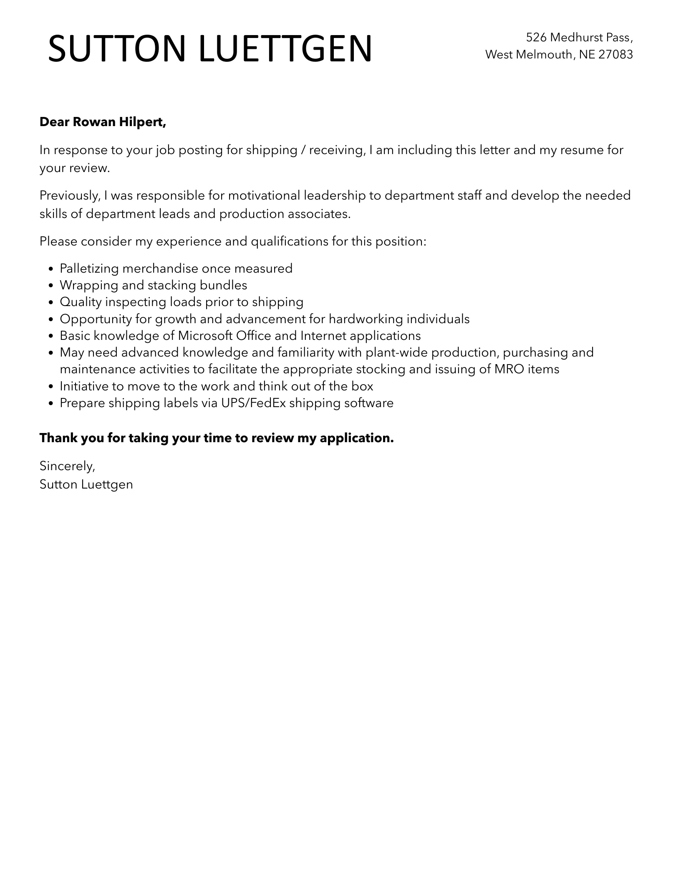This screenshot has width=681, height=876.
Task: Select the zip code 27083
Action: click(x=615, y=55)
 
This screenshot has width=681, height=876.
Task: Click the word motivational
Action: click(x=264, y=195)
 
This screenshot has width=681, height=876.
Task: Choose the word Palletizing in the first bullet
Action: click(x=89, y=268)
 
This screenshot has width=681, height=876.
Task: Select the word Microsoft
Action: click(x=205, y=336)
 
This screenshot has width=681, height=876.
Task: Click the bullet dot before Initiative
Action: click(x=51, y=387)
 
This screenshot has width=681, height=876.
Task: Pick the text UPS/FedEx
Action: click(x=253, y=403)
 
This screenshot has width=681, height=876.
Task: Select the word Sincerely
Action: click(x=67, y=466)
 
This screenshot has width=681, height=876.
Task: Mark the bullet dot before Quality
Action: click(x=51, y=302)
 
